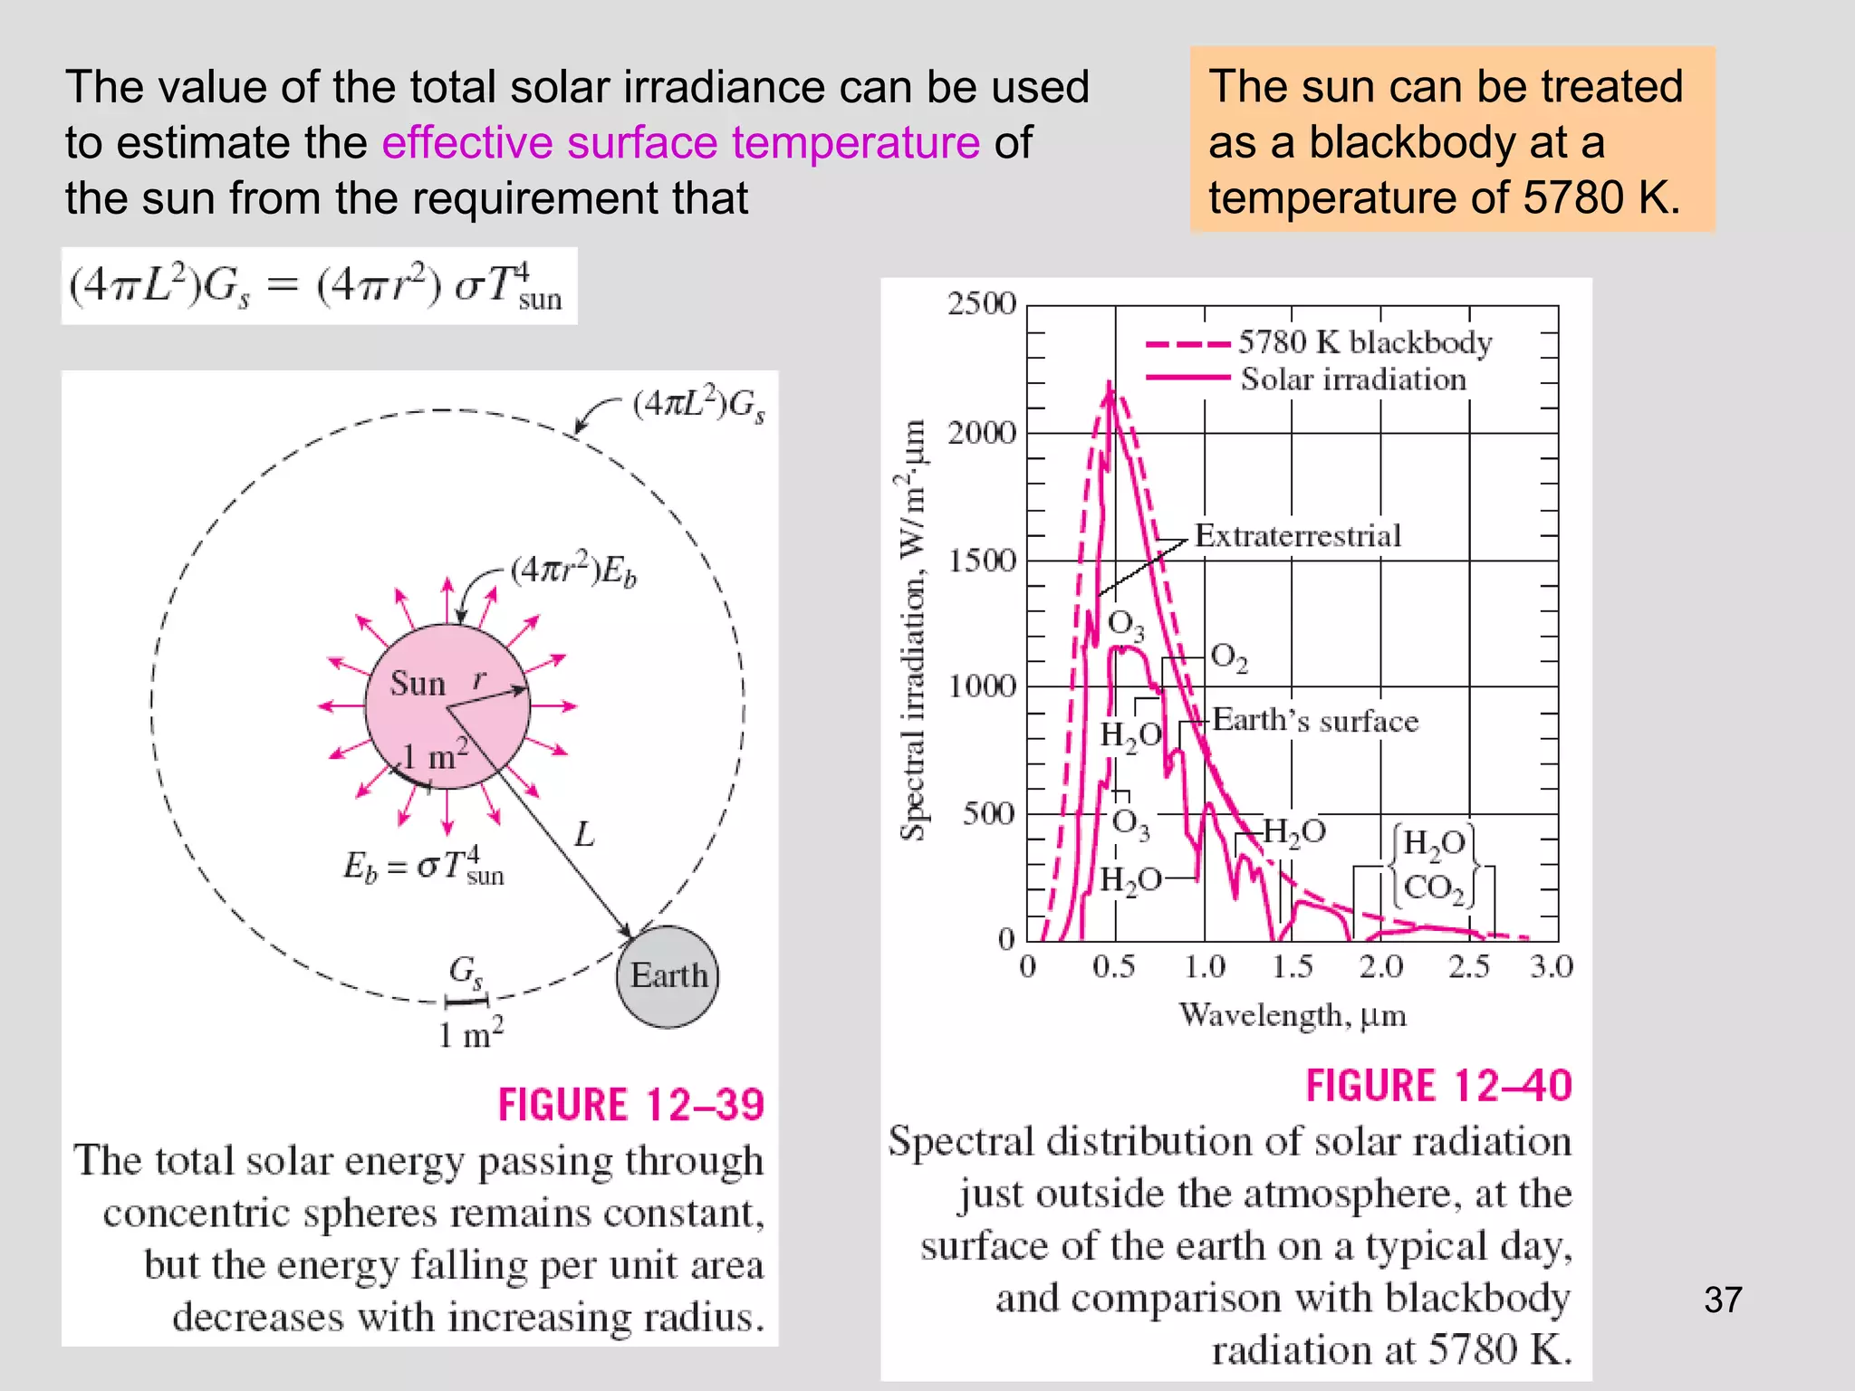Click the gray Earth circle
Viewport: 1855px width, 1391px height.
click(668, 976)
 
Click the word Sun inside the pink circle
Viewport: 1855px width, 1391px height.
click(418, 683)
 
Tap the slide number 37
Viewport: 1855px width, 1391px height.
click(1722, 1300)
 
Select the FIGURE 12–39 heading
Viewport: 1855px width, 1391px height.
click(630, 1105)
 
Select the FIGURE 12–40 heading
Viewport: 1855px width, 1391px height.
click(1437, 1086)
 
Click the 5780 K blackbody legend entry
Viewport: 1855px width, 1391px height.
click(1364, 342)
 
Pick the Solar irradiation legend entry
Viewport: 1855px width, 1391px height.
click(1352, 379)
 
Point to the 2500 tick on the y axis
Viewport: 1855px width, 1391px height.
click(982, 303)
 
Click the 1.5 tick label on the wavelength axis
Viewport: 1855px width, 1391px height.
click(1292, 967)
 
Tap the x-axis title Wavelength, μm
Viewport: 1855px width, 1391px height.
click(1292, 1015)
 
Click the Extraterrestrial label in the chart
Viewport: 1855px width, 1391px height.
click(1297, 535)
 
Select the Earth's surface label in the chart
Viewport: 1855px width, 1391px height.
click(1315, 721)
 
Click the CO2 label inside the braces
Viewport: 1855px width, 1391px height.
click(1433, 887)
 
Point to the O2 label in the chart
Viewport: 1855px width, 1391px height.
click(1228, 657)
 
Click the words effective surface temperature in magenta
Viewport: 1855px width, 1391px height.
click(680, 142)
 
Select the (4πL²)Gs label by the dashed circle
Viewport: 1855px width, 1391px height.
click(698, 404)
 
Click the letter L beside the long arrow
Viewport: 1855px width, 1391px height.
click(584, 834)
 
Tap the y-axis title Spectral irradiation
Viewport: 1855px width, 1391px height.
click(913, 629)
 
